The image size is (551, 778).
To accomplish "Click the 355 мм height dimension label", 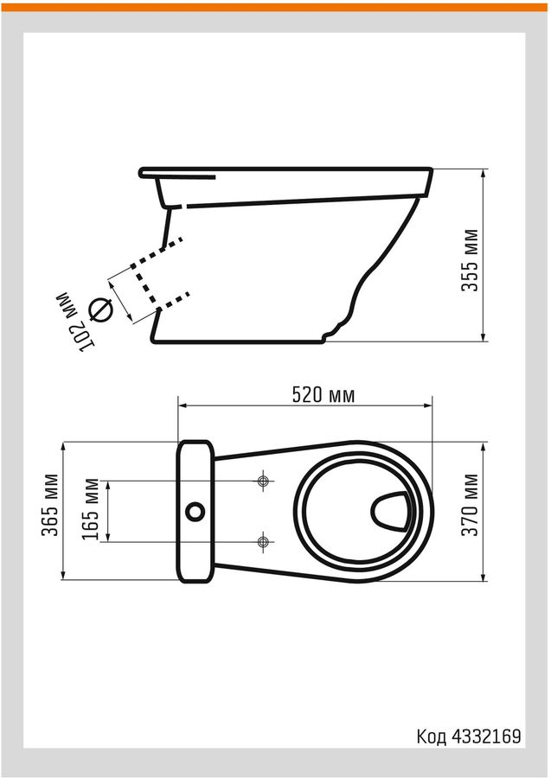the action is click(470, 260).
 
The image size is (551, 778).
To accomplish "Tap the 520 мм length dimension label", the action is click(324, 395).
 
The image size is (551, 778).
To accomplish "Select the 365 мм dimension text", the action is click(50, 505).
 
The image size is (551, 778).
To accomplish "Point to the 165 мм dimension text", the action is click(91, 509).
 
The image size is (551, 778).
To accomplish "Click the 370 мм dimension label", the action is click(470, 505).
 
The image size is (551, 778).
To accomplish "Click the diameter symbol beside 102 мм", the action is click(100, 309).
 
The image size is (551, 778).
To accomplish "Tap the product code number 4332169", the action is click(486, 737).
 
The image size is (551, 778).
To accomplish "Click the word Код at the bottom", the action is click(432, 737).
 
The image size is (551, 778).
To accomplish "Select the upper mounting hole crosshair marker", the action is click(264, 481).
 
